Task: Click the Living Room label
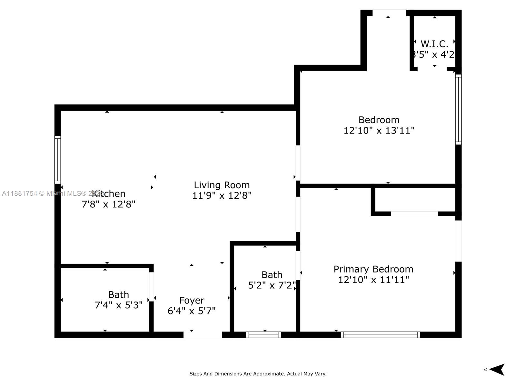coord(222,185)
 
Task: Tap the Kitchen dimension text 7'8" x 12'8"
coord(108,204)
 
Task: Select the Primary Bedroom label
coord(373,269)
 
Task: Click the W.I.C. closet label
coord(434,44)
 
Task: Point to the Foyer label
coord(192,300)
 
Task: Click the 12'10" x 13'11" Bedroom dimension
coord(379,131)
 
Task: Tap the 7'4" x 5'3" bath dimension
coord(118,305)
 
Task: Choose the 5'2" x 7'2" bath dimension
coord(272,285)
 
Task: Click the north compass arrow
coord(497,369)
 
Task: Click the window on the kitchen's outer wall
coord(57,160)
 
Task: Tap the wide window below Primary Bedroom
coord(380,335)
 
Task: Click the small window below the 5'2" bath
coord(263,335)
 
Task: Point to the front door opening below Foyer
coord(203,335)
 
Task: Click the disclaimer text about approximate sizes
coord(258,374)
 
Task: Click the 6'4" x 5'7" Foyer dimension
coord(192,311)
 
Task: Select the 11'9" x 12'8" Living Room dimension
coord(222,195)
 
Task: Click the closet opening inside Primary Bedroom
coord(414,213)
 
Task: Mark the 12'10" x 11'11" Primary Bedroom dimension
coord(373,280)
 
